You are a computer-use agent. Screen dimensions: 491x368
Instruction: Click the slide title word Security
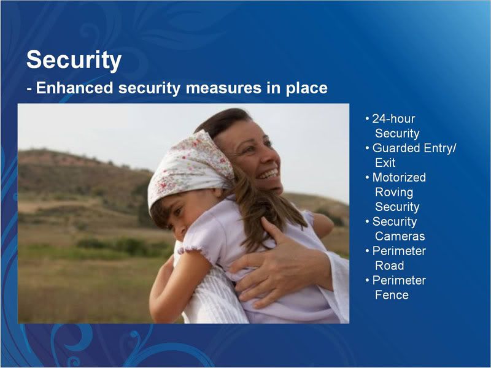point(74,60)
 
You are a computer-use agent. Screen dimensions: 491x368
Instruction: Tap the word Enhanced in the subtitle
point(74,88)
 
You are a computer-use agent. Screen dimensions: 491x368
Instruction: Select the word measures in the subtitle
point(223,88)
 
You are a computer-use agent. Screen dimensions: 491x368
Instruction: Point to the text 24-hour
point(393,118)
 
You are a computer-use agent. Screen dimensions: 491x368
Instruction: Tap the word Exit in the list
point(385,163)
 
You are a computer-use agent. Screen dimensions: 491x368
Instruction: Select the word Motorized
point(399,177)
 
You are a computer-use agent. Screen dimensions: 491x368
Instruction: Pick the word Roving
point(394,193)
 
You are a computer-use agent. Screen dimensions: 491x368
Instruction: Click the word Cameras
point(400,236)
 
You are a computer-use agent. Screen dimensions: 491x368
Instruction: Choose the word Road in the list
point(390,266)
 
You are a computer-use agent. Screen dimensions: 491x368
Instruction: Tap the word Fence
point(392,295)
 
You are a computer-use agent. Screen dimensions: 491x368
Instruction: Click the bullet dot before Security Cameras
point(367,221)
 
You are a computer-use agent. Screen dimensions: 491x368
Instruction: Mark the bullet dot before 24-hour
point(367,119)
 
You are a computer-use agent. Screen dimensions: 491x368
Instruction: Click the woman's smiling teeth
point(268,174)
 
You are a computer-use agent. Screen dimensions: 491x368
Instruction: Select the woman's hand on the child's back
point(276,263)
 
